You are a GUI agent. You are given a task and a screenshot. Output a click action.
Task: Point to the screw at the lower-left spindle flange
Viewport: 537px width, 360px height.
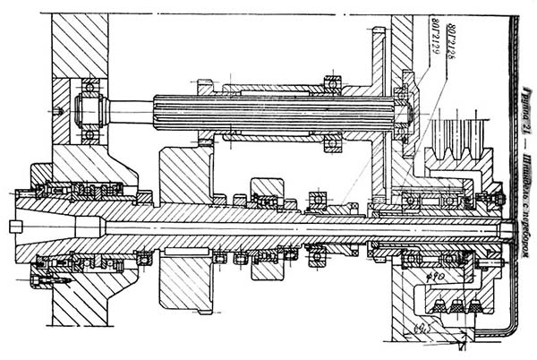(38, 281)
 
